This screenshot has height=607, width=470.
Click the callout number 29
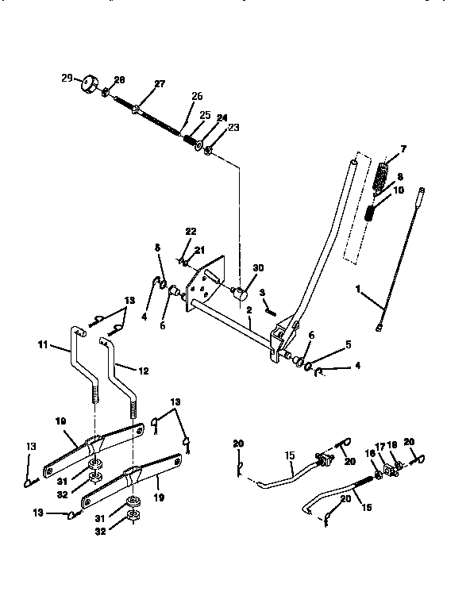click(67, 78)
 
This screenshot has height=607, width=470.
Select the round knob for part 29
click(86, 83)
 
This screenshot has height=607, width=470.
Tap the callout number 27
click(160, 85)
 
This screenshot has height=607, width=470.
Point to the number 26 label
click(196, 97)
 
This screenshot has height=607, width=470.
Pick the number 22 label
click(190, 231)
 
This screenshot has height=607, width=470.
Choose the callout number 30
click(256, 269)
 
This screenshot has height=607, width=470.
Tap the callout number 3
click(261, 293)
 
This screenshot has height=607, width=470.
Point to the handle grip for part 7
click(383, 175)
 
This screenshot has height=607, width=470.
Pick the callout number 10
click(399, 190)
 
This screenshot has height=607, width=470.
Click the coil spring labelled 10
click(371, 213)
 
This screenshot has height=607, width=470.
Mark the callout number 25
click(205, 116)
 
